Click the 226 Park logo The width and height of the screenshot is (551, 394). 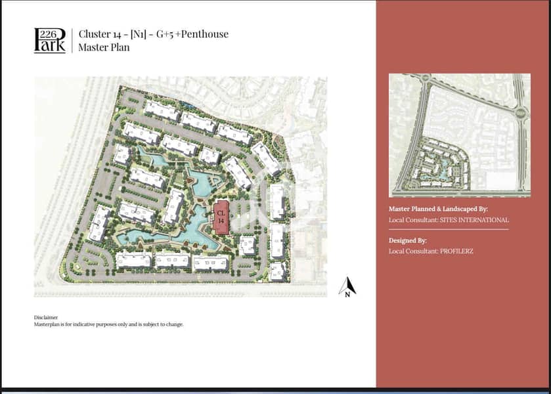click(49, 41)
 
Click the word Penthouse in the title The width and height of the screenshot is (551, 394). click(205, 34)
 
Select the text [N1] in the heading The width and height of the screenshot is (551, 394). click(138, 34)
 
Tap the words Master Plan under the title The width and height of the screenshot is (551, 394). click(104, 47)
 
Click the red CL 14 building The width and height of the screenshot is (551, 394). click(221, 217)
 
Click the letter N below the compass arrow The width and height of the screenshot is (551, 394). click(347, 295)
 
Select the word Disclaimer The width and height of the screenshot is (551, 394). click(46, 317)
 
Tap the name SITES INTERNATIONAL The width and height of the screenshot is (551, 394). click(474, 220)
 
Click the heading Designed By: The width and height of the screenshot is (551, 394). click(408, 241)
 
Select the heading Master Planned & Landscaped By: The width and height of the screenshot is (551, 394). click(438, 209)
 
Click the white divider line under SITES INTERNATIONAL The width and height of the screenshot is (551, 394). click(449, 229)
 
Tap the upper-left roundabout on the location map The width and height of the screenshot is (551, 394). click(426, 78)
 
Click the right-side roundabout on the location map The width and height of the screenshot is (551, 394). click(520, 112)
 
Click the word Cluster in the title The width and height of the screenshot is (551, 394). click(95, 33)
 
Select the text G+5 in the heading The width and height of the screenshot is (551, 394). click(165, 34)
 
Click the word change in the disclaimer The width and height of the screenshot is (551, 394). click(174, 325)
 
